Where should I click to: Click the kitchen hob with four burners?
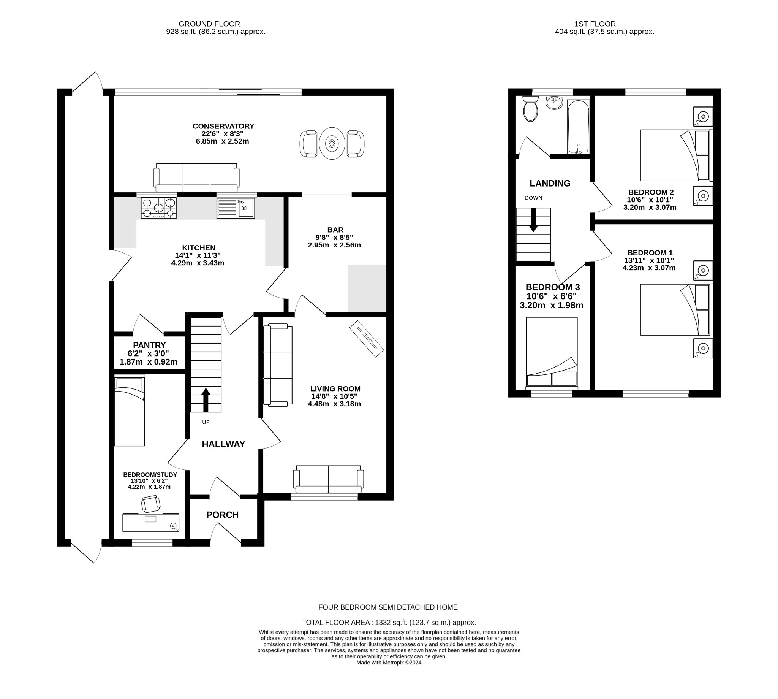click(x=158, y=208)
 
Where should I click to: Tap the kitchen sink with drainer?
click(x=235, y=208)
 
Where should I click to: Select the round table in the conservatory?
click(x=332, y=143)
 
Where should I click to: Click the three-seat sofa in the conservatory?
click(x=196, y=178)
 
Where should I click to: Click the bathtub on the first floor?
click(x=578, y=126)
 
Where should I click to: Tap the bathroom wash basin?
click(x=554, y=103)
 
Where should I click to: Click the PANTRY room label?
click(x=149, y=345)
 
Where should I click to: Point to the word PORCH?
click(x=222, y=515)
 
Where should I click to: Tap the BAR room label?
click(x=335, y=230)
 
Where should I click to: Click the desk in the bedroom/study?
click(x=150, y=522)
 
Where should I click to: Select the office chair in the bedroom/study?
click(x=150, y=504)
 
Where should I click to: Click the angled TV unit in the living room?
click(x=366, y=338)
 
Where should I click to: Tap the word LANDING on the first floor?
click(x=550, y=183)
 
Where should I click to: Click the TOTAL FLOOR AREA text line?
click(x=388, y=622)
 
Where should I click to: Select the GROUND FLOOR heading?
click(x=209, y=24)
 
